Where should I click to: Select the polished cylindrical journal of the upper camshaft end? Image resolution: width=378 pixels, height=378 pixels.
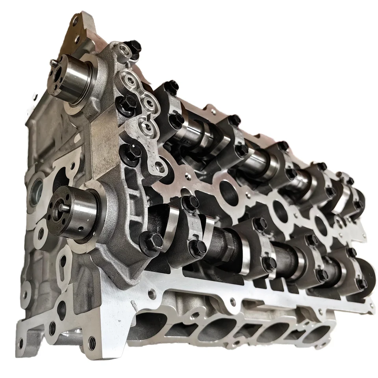[81, 77]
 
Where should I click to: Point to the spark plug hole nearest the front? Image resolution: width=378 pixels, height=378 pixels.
[226, 189]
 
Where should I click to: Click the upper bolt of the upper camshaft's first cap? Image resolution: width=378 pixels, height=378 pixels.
[172, 86]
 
